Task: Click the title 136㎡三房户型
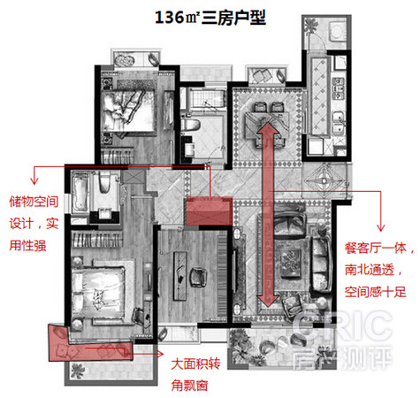click(x=210, y=18)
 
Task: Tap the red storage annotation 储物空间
click(x=34, y=202)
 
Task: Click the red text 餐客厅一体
click(x=376, y=248)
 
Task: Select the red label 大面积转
click(x=195, y=364)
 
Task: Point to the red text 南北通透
click(x=370, y=270)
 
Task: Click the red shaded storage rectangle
click(x=210, y=211)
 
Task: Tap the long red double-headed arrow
click(x=268, y=214)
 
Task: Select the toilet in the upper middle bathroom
click(x=191, y=125)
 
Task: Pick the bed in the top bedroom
click(x=129, y=111)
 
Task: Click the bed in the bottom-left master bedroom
click(x=99, y=291)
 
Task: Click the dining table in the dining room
click(x=268, y=126)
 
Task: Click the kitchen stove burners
click(x=339, y=88)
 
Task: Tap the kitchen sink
click(x=339, y=123)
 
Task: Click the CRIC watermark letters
click(x=342, y=327)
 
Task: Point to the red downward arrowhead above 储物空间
click(x=34, y=180)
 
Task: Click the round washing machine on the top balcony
click(x=338, y=32)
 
